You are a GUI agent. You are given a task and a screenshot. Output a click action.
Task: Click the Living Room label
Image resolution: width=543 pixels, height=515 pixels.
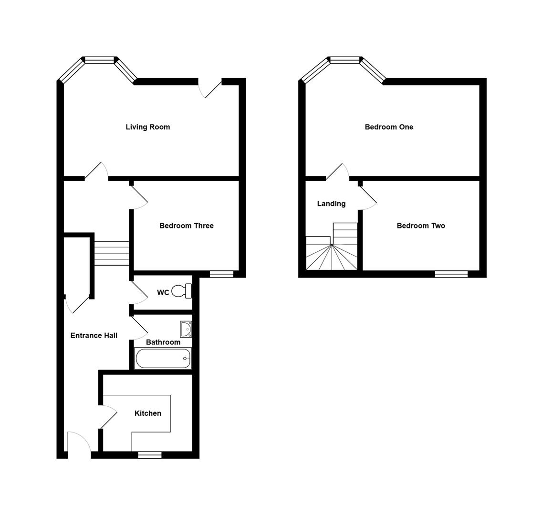click(147, 127)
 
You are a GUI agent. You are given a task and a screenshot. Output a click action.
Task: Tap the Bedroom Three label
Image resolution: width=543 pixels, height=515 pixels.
click(186, 226)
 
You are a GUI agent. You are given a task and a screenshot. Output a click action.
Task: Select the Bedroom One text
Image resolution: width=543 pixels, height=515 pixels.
click(388, 127)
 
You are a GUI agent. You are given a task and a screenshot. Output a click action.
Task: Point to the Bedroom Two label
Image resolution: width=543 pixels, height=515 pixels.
click(420, 226)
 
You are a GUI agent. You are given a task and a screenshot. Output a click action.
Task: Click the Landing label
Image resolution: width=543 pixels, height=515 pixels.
click(331, 204)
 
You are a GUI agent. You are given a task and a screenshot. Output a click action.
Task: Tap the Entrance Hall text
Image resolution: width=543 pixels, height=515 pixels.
click(94, 335)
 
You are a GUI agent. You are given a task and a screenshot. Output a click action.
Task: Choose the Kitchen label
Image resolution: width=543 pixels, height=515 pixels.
click(147, 413)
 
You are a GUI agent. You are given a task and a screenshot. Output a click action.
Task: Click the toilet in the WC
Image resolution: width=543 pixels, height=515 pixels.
click(182, 291)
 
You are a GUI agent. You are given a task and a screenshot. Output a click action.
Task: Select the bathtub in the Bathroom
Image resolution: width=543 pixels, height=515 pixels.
click(163, 358)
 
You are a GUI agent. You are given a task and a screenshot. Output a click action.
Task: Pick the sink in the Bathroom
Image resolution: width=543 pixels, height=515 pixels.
click(186, 329)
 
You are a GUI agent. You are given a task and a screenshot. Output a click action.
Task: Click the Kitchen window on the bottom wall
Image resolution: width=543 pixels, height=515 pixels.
click(149, 455)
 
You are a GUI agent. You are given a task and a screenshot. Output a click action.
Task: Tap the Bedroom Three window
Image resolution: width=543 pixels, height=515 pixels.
click(221, 274)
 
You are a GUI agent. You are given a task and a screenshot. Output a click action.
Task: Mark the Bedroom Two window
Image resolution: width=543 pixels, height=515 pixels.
click(451, 274)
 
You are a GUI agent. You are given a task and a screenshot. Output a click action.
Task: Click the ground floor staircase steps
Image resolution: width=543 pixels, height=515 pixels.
click(112, 253)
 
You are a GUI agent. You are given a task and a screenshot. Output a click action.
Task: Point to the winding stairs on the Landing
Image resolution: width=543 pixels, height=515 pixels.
click(332, 255)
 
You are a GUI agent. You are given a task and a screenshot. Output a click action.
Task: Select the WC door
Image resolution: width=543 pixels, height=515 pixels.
click(138, 292)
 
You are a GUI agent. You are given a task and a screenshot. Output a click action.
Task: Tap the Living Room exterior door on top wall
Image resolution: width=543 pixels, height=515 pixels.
click(210, 88)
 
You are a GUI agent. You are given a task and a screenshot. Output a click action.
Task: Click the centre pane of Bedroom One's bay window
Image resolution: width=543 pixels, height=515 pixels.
click(345, 60)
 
